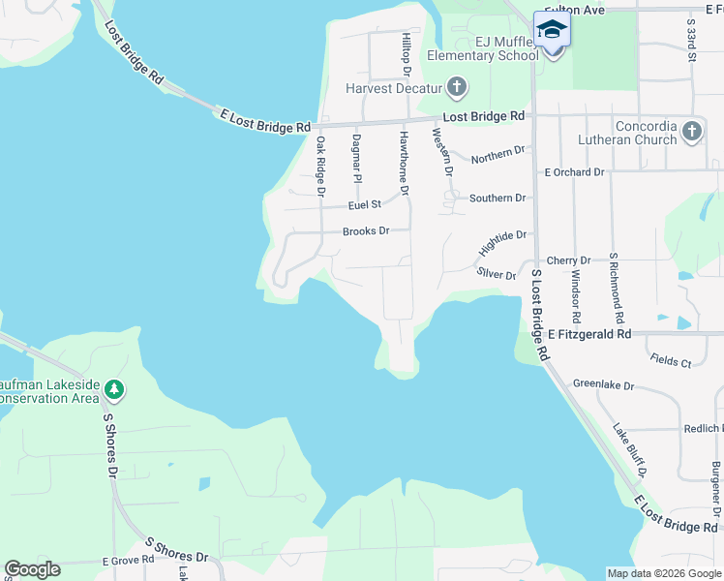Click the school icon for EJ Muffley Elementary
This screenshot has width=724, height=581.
coord(552,29)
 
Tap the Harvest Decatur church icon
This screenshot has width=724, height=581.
coord(457,89)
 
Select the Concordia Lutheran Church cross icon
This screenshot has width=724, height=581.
coord(691,132)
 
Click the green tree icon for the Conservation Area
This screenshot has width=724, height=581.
coord(114,389)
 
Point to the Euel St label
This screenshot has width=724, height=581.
coord(366,205)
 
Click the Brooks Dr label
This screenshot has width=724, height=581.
coord(366,231)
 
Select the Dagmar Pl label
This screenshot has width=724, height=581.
coord(356,159)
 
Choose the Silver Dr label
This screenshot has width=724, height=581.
coord(497,275)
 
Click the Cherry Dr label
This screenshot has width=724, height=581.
coord(561,260)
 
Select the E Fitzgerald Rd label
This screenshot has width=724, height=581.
coord(588,333)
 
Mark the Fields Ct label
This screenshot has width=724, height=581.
coord(672,362)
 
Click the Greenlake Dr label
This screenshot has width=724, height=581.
coord(603,385)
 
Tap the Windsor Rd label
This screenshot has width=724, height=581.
coord(575,296)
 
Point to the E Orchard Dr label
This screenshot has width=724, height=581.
coord(574,172)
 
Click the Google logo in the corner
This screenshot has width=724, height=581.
coord(32,569)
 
